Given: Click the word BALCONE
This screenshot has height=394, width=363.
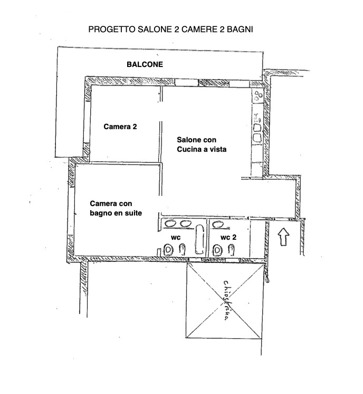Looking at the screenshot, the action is [x=145, y=65].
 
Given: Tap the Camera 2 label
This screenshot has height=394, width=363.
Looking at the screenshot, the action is [x=120, y=126].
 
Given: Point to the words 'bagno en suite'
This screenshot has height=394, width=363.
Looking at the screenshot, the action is [x=116, y=213].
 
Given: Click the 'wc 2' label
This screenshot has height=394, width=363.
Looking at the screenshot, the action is [x=228, y=237].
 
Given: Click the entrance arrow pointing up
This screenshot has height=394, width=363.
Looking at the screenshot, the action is [x=283, y=237].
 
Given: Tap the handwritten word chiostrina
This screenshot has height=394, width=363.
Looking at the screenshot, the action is [x=226, y=300].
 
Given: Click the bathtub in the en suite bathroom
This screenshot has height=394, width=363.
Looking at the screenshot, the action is [x=199, y=239].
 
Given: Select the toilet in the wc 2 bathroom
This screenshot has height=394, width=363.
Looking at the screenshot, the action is [x=217, y=251].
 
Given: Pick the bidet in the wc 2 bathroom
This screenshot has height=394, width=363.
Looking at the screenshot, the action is [x=231, y=250].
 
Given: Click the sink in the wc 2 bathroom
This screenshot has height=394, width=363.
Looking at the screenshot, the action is [x=218, y=224].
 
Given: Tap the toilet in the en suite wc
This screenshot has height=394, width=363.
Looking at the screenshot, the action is [x=168, y=250].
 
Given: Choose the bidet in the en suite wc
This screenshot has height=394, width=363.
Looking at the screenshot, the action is [x=182, y=250].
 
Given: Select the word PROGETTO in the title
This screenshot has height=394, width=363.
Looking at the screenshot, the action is [x=112, y=29].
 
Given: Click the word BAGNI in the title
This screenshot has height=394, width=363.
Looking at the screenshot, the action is [x=240, y=29].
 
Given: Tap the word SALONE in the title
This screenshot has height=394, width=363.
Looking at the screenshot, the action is [x=155, y=29].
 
